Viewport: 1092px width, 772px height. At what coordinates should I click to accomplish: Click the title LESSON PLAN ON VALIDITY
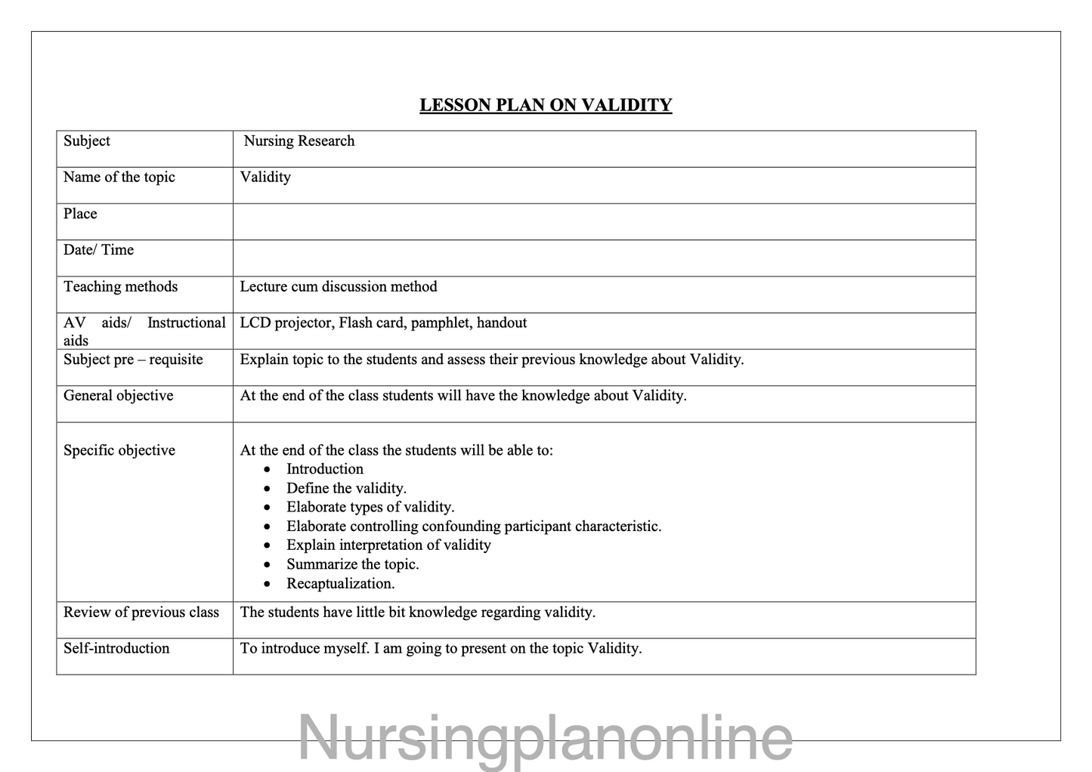[x=546, y=105]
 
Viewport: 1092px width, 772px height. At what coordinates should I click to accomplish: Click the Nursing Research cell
[x=299, y=141]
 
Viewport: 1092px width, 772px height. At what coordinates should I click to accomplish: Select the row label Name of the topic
[x=119, y=178]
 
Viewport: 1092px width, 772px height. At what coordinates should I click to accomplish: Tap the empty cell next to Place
[x=604, y=221]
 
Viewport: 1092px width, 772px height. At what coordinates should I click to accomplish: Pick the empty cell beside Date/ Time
[x=604, y=258]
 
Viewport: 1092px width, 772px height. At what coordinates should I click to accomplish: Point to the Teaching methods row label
[x=121, y=287]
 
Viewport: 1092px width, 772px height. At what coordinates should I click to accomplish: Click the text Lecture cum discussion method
[x=339, y=287]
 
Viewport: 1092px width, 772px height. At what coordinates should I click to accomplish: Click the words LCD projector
[x=286, y=323]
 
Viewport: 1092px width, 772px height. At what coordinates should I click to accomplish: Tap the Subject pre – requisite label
[x=133, y=360]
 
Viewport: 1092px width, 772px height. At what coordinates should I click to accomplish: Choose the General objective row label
[x=119, y=396]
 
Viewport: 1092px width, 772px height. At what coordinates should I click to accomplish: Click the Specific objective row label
[x=119, y=450]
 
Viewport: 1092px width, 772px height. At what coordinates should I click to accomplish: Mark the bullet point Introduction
[x=325, y=469]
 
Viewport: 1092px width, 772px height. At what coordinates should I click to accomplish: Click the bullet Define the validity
[x=346, y=489]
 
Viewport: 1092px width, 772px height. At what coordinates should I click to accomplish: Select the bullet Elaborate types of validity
[x=370, y=508]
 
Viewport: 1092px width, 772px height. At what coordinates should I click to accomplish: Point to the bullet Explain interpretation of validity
[x=388, y=545]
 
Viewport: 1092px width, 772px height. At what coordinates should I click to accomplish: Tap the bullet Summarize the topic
[x=352, y=564]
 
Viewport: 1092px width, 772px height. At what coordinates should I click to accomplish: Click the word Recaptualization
[x=340, y=584]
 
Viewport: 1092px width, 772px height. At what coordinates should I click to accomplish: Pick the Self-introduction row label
[x=116, y=648]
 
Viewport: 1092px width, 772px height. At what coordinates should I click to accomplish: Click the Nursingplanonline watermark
[x=546, y=736]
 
